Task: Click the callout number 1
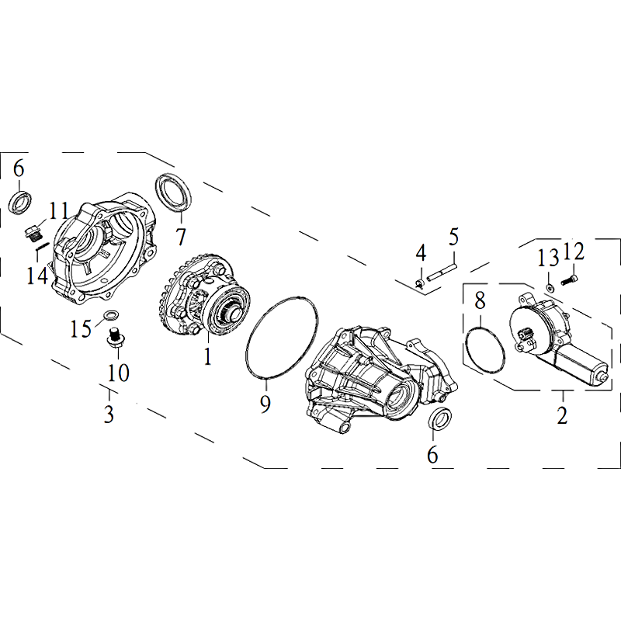tap(207, 356)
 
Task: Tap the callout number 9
tap(265, 404)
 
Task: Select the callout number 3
tap(109, 414)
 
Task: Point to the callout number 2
tap(562, 415)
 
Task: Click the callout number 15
tap(81, 328)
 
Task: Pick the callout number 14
tap(37, 276)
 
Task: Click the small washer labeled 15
tap(108, 316)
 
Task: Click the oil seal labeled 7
tap(173, 193)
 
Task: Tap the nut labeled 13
tap(550, 287)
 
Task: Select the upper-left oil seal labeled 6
tap(20, 203)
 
